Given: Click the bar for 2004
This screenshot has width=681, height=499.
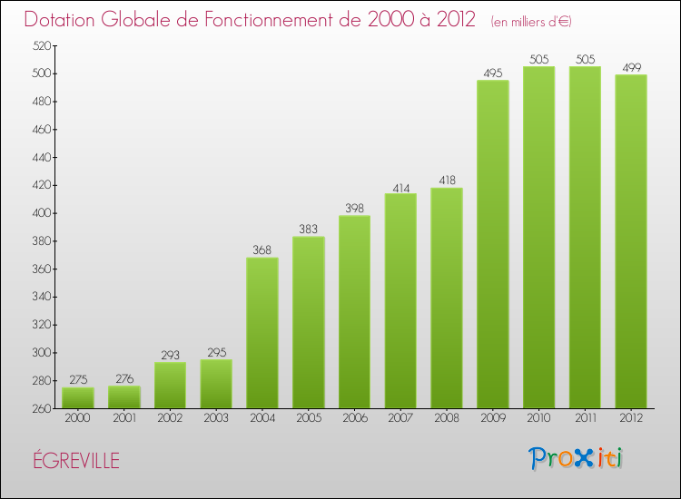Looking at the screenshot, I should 262,333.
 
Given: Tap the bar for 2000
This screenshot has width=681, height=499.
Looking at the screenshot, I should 78,397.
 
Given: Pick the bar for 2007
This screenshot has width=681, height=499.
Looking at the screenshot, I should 400,300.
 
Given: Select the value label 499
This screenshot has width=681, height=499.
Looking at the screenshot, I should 631,67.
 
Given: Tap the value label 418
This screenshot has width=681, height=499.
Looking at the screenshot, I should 447,181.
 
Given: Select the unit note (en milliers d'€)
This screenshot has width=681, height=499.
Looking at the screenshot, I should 531,21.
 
